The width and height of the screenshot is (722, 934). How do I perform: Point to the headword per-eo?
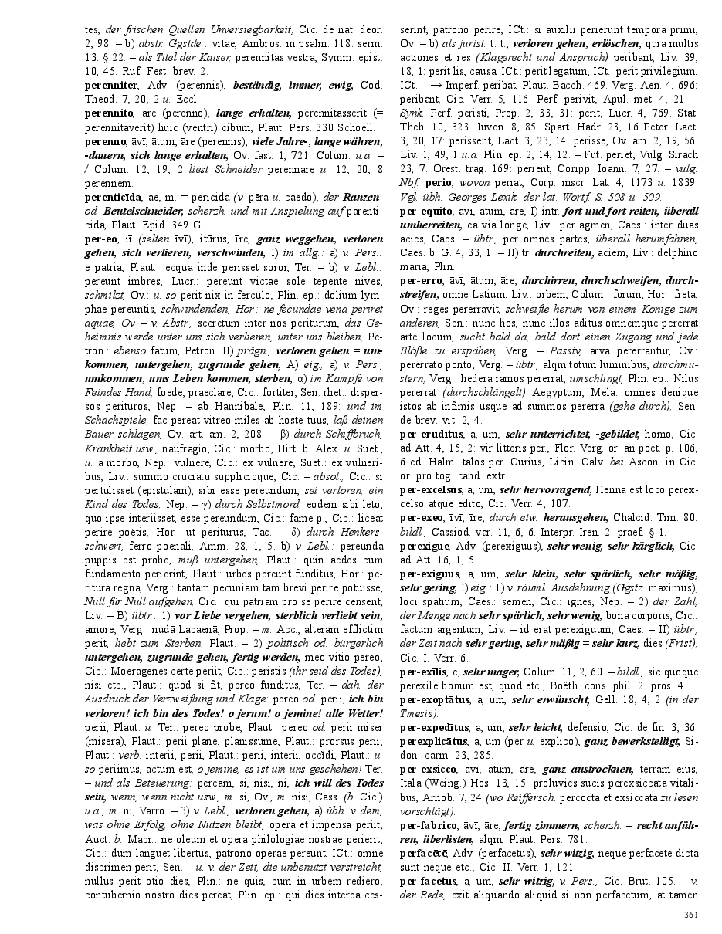click(102, 240)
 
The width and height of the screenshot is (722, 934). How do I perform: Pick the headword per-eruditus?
click(430, 435)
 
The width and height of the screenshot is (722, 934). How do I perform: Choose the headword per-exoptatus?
click(433, 700)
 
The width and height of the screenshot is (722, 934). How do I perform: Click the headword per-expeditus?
click(434, 728)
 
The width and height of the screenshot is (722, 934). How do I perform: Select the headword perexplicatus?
click(432, 743)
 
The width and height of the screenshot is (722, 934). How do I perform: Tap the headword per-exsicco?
click(427, 770)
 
